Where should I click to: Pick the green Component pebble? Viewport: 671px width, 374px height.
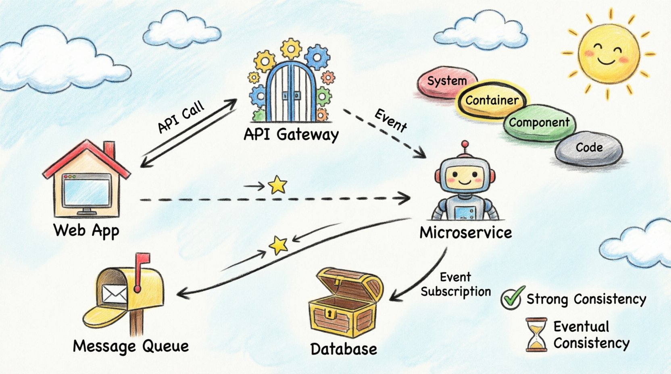tap(539, 123)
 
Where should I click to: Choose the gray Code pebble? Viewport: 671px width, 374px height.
tap(589, 148)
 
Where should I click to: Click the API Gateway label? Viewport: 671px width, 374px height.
tap(291, 134)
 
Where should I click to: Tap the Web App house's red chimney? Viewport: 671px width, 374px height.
tap(109, 150)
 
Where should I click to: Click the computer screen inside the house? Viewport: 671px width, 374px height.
tap(87, 192)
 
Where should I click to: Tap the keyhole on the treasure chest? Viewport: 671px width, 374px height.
tap(331, 314)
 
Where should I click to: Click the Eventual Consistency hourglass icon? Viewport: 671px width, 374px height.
tap(536, 335)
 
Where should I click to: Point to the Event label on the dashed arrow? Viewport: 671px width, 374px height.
tap(390, 120)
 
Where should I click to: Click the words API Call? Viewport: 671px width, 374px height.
tap(181, 117)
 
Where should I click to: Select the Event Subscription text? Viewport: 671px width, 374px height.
tap(456, 285)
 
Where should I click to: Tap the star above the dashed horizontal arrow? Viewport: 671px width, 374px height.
tap(278, 185)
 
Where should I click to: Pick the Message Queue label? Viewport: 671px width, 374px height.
tap(131, 346)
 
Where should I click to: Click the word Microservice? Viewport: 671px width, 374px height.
tap(466, 233)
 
